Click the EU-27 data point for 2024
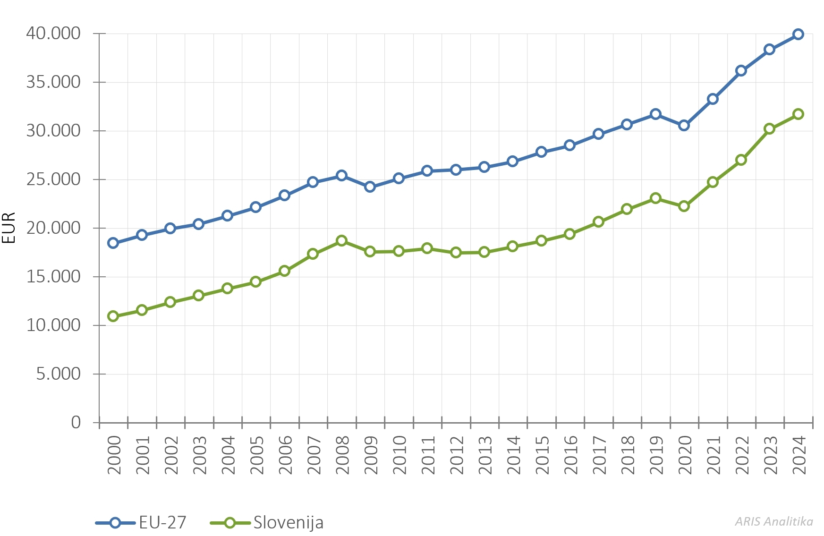[x=798, y=34]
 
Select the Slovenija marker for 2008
[x=341, y=240]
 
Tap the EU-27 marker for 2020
[x=684, y=125]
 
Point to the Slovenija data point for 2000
[x=113, y=316]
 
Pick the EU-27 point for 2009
[x=370, y=187]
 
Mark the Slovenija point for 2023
[x=769, y=128]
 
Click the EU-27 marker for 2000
[x=113, y=243]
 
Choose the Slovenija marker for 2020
[x=684, y=206]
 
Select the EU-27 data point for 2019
[x=655, y=114]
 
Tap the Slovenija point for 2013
[x=484, y=252]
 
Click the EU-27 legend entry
[x=142, y=522]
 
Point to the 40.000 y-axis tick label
[x=53, y=34]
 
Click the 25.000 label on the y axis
[x=53, y=179]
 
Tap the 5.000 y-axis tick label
[x=59, y=374]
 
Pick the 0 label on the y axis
[x=76, y=422]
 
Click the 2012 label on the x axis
[x=456, y=455]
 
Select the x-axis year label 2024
[x=799, y=455]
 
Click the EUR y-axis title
[x=9, y=228]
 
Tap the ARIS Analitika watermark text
[x=774, y=521]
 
